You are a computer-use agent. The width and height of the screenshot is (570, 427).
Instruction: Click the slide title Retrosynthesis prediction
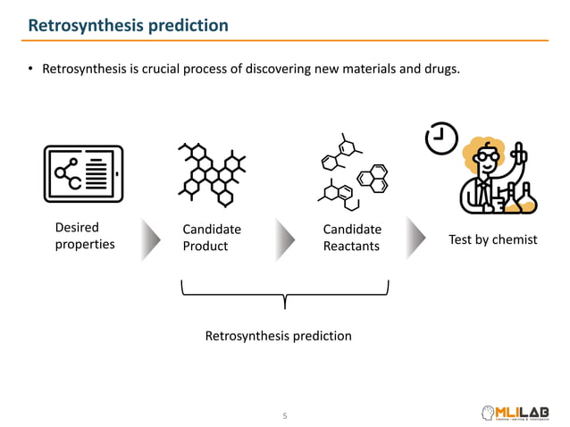128,25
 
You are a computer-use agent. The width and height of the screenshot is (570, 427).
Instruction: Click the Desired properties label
85,237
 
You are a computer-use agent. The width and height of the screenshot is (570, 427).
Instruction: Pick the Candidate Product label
212,238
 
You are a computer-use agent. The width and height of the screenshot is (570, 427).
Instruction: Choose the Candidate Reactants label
352,238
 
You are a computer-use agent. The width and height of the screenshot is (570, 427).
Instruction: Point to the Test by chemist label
493,239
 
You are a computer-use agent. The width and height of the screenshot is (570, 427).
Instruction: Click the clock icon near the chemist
442,138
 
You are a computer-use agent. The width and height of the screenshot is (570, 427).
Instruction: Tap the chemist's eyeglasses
488,158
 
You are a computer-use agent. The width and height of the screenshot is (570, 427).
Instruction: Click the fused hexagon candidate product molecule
213,171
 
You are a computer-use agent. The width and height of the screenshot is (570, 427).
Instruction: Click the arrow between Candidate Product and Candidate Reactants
284,239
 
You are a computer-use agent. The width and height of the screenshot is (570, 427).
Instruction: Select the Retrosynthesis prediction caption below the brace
278,336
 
